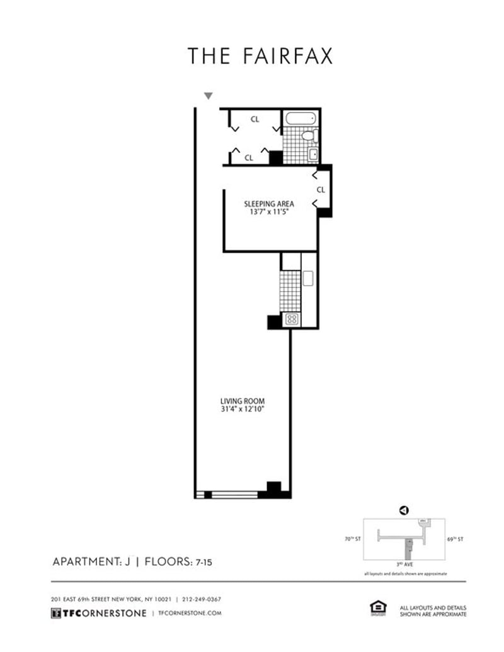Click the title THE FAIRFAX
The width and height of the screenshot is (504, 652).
[259, 56]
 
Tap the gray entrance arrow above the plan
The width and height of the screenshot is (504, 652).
[209, 96]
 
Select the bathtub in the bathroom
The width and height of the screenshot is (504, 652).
[301, 118]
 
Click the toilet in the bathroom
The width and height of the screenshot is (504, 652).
[309, 135]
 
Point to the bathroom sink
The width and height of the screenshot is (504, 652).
[312, 153]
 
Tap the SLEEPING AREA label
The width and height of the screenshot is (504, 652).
[269, 204]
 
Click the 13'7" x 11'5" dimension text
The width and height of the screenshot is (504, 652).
[269, 213]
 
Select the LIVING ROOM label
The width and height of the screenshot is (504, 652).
[242, 401]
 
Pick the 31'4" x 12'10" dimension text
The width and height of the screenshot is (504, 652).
[242, 410]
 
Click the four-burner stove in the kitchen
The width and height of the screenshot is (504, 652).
[292, 319]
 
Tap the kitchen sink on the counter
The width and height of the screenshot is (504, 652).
[308, 278]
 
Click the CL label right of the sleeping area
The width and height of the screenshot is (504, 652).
[321, 189]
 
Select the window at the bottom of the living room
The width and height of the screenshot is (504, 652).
[234, 495]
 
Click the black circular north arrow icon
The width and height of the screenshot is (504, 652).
[404, 510]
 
